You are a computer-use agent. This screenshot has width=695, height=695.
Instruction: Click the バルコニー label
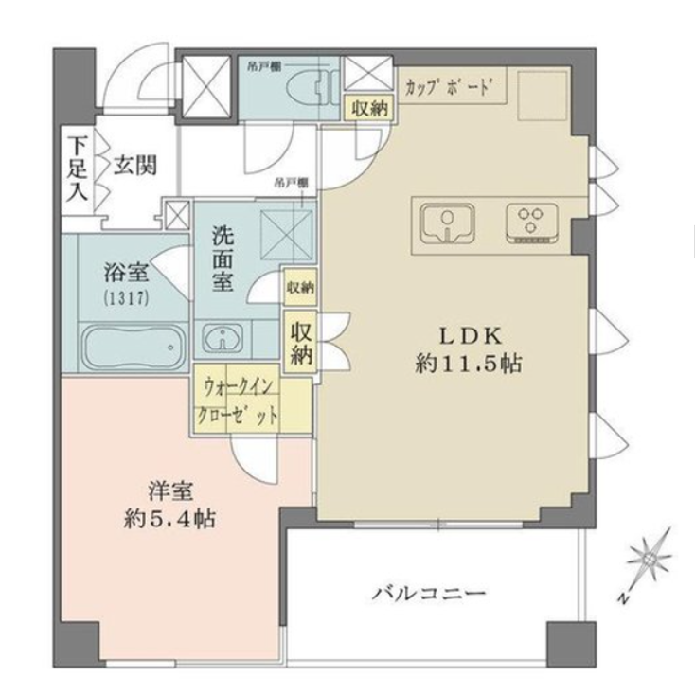(429, 595)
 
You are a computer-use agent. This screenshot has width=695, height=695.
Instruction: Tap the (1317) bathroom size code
(126, 295)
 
